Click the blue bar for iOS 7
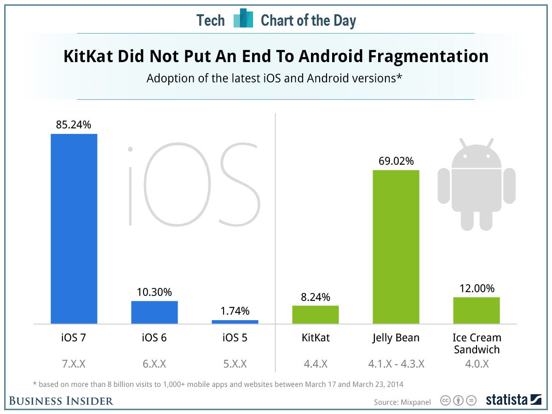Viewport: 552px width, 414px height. (74, 229)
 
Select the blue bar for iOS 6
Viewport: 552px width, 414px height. (155, 312)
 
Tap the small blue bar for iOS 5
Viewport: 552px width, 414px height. (235, 322)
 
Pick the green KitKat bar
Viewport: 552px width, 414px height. (316, 315)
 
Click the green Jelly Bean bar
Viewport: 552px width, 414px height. (396, 247)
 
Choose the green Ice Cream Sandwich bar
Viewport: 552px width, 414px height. (477, 310)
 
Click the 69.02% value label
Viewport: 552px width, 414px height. (396, 161)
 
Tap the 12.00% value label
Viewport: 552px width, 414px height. (477, 288)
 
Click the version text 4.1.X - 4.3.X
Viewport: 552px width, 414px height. (396, 364)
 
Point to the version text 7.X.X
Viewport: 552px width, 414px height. (74, 364)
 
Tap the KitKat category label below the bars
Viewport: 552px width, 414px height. (316, 338)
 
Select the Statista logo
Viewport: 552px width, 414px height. (514, 400)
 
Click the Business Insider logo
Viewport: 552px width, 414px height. (61, 401)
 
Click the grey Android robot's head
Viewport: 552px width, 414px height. (476, 156)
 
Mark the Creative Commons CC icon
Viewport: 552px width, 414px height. (445, 400)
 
